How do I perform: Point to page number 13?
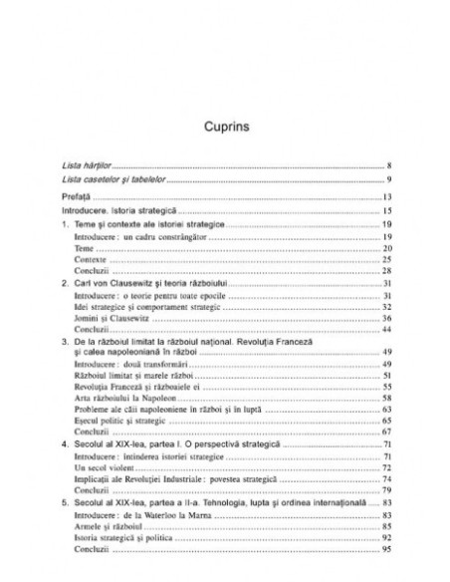coord(388,198)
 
